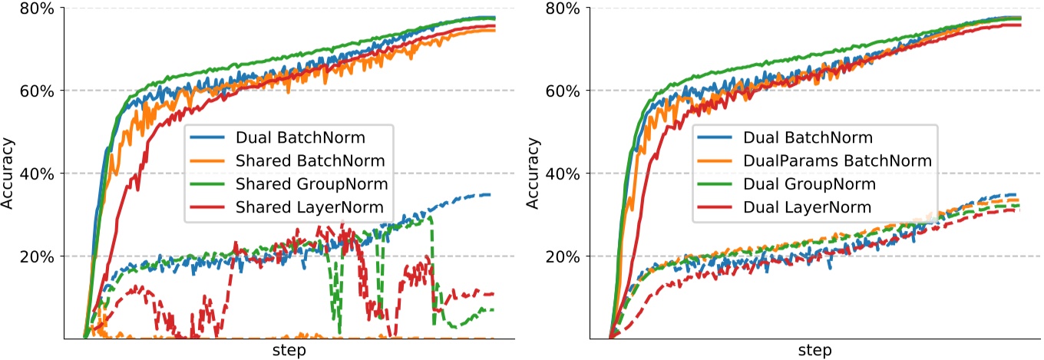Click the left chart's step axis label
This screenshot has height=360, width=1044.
click(x=289, y=351)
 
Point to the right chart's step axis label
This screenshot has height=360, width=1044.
click(x=814, y=351)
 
